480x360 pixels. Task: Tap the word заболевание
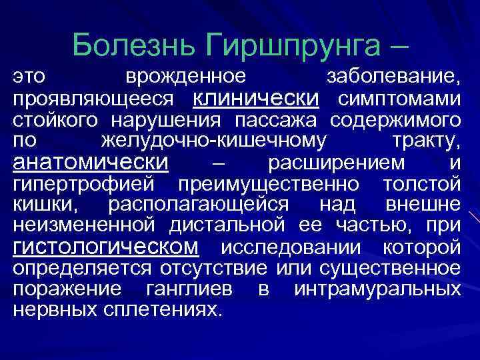[x=393, y=78]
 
